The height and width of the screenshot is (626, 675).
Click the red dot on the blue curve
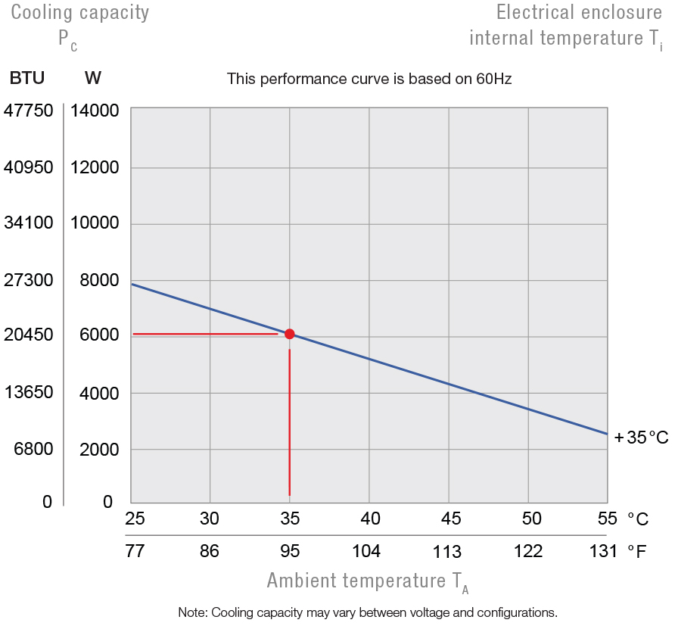click(289, 334)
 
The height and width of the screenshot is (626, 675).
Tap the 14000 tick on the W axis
click(95, 111)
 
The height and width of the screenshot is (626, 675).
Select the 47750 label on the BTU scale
click(29, 111)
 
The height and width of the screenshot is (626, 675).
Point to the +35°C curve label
click(641, 438)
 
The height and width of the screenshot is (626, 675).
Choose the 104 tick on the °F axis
click(366, 551)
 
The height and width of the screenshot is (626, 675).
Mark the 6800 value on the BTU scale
click(34, 449)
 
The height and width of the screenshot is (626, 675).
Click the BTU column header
click(26, 78)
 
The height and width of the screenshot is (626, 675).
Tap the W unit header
click(93, 78)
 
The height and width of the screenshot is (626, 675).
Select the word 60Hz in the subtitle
click(493, 79)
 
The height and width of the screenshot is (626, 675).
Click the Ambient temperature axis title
click(368, 581)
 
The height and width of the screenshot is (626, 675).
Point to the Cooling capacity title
click(79, 12)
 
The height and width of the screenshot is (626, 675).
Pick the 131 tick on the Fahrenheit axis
click(603, 551)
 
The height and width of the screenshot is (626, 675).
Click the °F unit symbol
click(637, 551)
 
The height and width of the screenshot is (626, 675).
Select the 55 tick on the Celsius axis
click(607, 519)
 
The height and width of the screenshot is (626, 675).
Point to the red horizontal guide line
click(204, 334)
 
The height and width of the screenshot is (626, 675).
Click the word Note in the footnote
click(192, 612)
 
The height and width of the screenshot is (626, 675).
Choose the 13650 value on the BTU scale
click(29, 392)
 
